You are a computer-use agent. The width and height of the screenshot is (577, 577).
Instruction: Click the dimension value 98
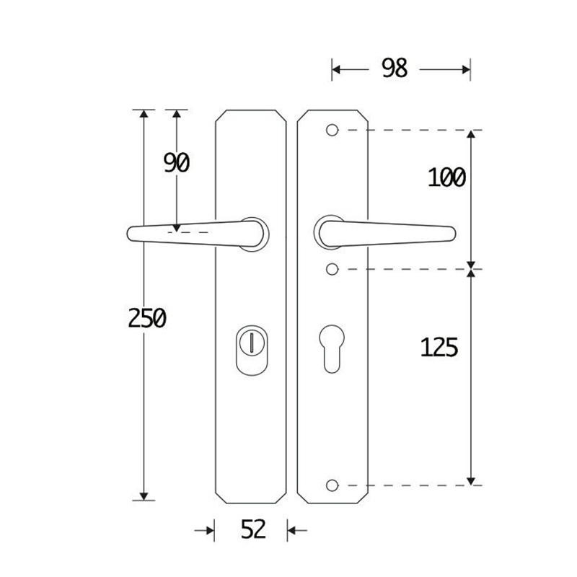pos(395,68)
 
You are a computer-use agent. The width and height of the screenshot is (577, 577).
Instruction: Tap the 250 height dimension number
pos(147,318)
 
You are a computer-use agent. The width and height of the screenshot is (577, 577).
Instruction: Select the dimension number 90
pos(177,163)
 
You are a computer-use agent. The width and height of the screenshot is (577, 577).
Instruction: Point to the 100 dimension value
pos(446,177)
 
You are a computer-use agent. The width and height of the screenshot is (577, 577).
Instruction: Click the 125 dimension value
pos(439,347)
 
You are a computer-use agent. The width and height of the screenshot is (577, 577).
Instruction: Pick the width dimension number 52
pos(253,529)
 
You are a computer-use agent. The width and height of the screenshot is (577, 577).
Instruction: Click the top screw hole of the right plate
pos(332,130)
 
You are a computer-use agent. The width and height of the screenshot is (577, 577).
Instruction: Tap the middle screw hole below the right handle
pos(332,269)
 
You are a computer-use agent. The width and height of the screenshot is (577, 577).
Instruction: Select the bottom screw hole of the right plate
pos(332,485)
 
